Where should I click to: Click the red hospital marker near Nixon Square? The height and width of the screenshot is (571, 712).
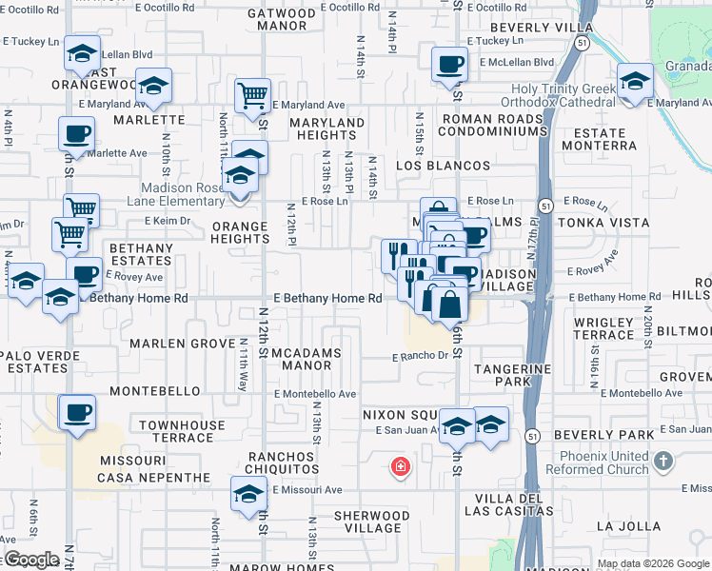tap(402, 467)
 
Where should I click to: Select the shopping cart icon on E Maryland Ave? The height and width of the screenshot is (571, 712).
tap(252, 95)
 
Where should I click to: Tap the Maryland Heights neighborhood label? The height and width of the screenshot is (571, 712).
tap(327, 129)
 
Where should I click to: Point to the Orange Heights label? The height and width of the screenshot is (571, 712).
tap(240, 233)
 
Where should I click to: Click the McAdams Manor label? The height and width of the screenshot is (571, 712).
tap(302, 359)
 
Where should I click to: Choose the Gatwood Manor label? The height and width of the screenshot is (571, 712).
tap(281, 20)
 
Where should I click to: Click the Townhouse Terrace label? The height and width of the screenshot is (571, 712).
tap(183, 431)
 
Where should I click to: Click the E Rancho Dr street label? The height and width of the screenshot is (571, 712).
tap(421, 358)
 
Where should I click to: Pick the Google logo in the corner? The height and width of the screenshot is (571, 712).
tap(31, 560)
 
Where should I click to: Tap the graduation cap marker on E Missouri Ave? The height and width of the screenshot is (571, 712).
tap(249, 495)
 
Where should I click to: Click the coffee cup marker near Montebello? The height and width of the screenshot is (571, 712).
tap(76, 414)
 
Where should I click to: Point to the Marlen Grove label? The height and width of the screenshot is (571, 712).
tap(183, 343)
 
